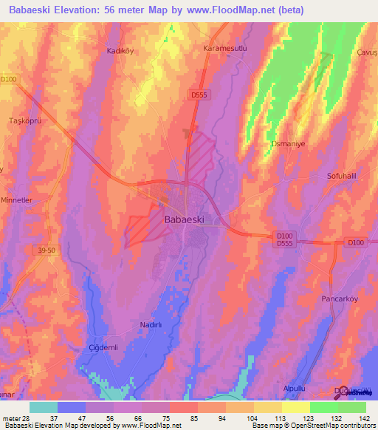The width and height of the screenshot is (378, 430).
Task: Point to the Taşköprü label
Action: (24, 120)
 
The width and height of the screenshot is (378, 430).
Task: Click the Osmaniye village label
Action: (288, 143)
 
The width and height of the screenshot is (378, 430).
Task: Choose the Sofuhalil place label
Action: (343, 176)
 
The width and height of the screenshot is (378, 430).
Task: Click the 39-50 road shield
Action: (46, 250)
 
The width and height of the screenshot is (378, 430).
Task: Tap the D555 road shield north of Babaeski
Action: (198, 95)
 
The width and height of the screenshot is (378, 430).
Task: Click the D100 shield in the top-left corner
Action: (8, 80)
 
